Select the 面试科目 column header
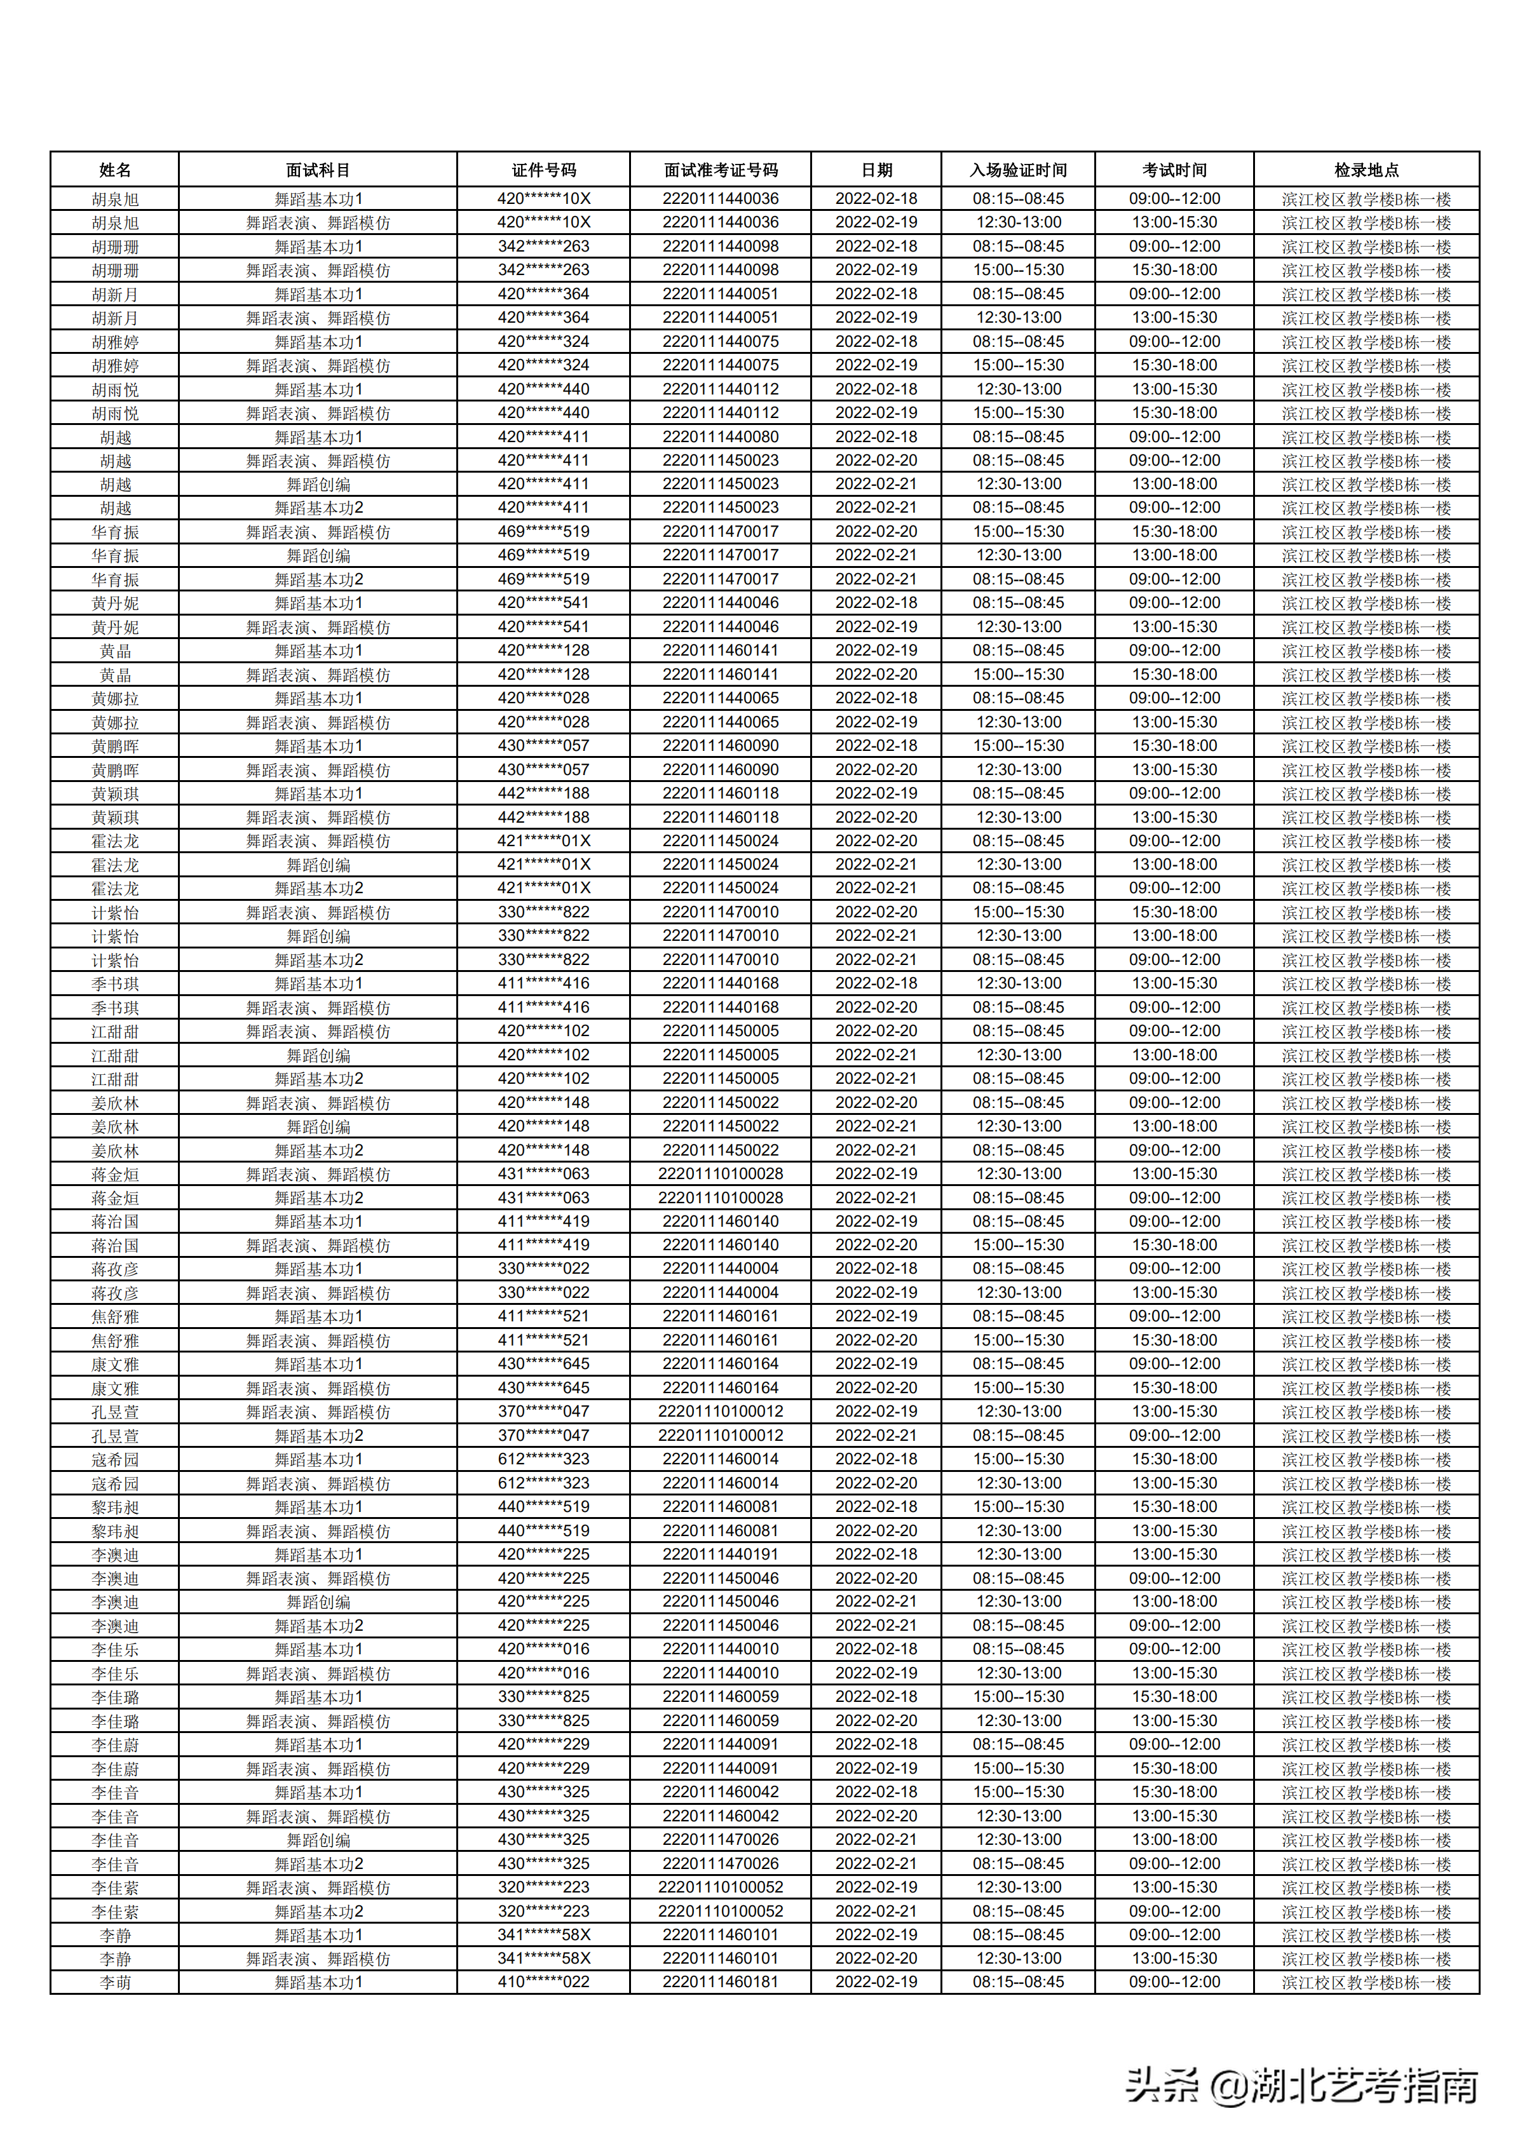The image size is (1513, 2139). pos(318,170)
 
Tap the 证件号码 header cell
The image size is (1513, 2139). pos(543,170)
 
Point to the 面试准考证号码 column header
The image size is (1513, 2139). pos(720,170)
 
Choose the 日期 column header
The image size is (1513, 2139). pos(876,170)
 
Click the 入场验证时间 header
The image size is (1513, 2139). pos(1017,170)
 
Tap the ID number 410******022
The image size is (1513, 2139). pos(543,1981)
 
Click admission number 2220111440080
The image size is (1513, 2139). pos(720,436)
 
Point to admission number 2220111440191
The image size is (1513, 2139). pos(720,1554)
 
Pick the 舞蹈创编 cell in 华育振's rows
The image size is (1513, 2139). pos(318,555)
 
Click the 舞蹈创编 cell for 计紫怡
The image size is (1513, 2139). pos(318,935)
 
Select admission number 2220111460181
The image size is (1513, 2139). pos(720,1981)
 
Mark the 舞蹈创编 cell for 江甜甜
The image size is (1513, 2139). pos(318,1055)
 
